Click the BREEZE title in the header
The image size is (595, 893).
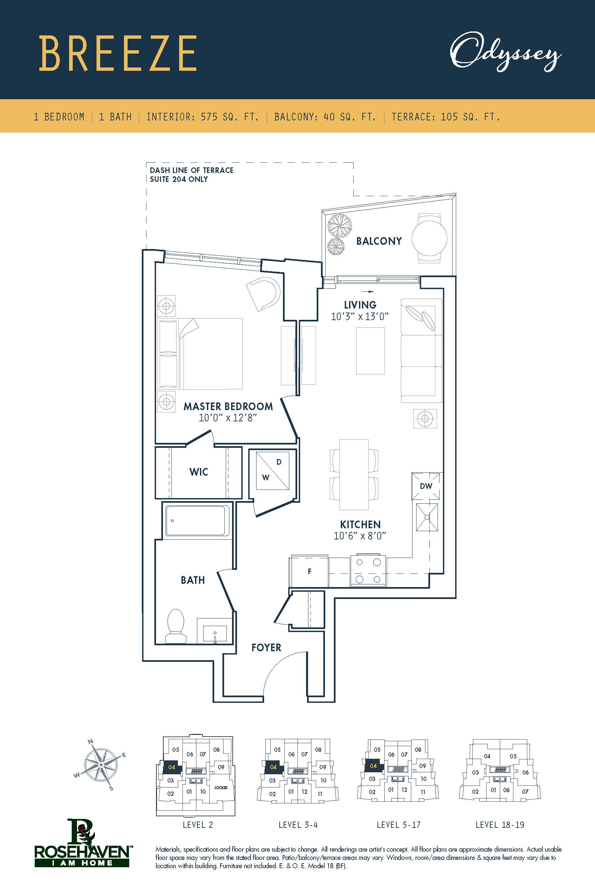(x=118, y=54)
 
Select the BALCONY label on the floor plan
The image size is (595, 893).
(x=379, y=241)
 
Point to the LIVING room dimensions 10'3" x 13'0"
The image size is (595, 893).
(x=360, y=317)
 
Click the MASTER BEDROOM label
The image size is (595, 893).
(x=228, y=406)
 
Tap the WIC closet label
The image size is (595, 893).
(x=199, y=472)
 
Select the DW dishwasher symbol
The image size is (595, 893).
(x=426, y=486)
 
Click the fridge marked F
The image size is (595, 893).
(x=309, y=572)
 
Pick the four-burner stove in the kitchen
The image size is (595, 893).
(x=368, y=571)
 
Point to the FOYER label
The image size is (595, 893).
(x=266, y=648)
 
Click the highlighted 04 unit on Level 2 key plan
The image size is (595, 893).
(x=172, y=767)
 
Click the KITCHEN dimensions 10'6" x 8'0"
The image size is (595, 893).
(x=360, y=536)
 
